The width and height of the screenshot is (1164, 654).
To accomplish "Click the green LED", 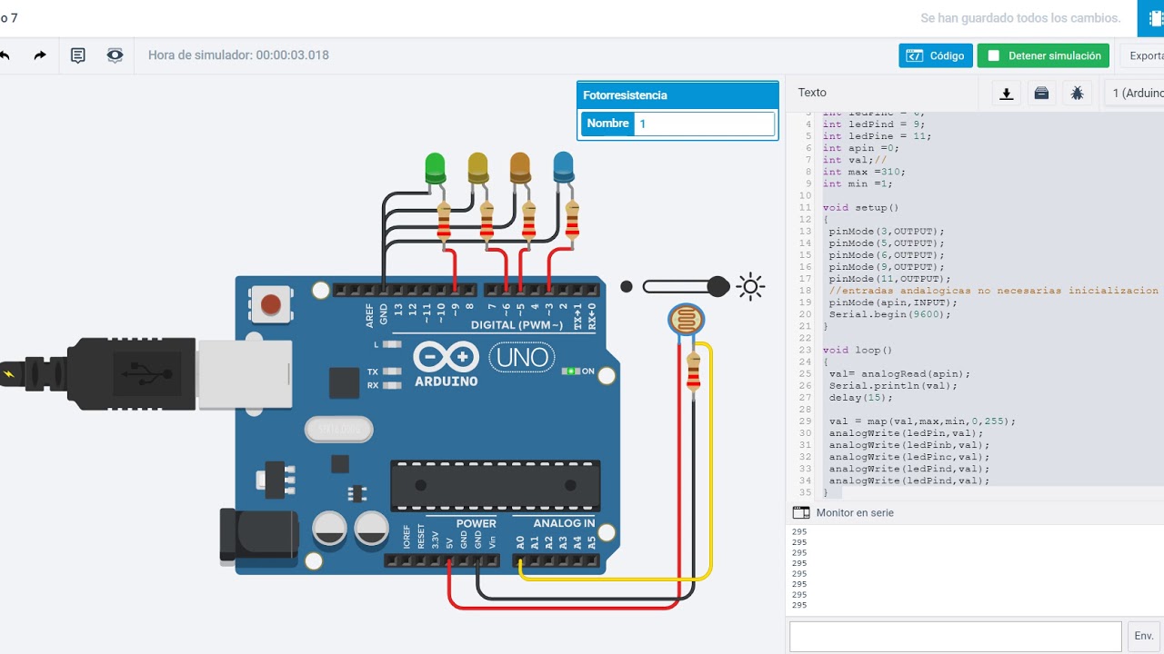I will tap(435, 168).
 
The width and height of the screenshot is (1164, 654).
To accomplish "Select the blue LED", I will tap(563, 166).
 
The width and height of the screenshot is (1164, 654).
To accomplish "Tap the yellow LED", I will tap(477, 167).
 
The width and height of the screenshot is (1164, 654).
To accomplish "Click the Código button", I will tap(936, 55).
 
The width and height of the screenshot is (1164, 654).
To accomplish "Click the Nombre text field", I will tap(704, 124).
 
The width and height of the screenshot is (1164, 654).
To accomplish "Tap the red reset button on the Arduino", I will tap(270, 304).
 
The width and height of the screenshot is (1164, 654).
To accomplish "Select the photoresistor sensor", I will tap(685, 320).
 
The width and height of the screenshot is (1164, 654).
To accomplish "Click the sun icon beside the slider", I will tap(750, 287).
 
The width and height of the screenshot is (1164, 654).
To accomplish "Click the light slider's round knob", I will tap(717, 287).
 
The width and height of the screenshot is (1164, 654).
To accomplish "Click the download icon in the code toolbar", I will tap(1007, 93).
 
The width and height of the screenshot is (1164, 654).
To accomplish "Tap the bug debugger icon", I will tap(1077, 93).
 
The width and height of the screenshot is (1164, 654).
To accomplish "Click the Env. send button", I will tap(1144, 636).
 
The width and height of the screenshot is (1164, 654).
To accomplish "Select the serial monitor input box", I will tap(955, 636).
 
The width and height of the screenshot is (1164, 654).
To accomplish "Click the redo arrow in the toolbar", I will tap(40, 55).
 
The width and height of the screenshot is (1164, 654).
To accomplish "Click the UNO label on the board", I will tap(523, 357).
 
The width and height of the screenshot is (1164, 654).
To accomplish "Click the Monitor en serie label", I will tap(854, 513).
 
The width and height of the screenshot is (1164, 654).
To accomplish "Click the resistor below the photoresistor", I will tap(693, 372).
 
